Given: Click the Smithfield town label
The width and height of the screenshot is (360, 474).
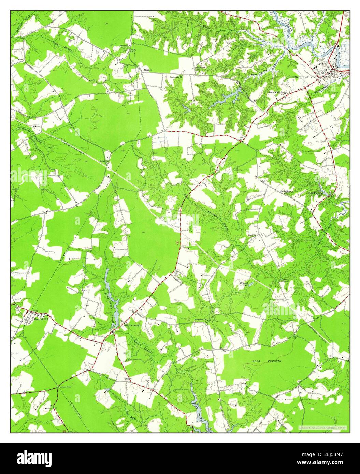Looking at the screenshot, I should [302, 78].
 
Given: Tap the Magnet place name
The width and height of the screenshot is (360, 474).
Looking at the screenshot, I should [147, 70].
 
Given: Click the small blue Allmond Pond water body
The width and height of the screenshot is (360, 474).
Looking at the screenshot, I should [251, 284].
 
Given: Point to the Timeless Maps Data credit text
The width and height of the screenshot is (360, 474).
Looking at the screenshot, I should [322, 427].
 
